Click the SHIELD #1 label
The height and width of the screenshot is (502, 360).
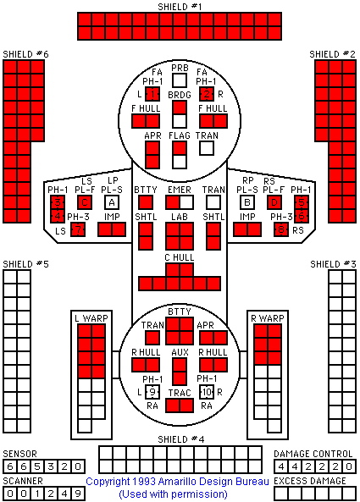(180, 7)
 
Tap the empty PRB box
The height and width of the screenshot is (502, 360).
(180, 80)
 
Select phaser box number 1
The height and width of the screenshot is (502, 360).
(152, 94)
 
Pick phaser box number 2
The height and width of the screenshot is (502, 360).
(207, 94)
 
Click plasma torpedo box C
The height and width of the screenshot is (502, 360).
(85, 202)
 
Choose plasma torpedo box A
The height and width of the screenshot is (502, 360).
(112, 202)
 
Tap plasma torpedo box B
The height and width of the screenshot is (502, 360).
(247, 202)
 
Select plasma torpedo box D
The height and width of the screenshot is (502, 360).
(274, 202)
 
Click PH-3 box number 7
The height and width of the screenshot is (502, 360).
(78, 229)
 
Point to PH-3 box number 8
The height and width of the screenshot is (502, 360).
(281, 229)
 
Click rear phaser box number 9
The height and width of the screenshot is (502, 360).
(152, 392)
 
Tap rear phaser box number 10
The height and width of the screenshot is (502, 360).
(207, 392)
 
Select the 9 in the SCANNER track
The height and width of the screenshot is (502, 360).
(78, 494)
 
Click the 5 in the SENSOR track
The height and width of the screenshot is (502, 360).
(37, 466)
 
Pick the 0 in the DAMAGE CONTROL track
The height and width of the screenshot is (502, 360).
(349, 466)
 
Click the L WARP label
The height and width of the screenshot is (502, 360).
(91, 318)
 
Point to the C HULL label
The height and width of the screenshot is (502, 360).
(180, 257)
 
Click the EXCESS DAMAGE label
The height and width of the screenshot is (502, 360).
(310, 481)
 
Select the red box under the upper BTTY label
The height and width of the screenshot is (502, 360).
(146, 202)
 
